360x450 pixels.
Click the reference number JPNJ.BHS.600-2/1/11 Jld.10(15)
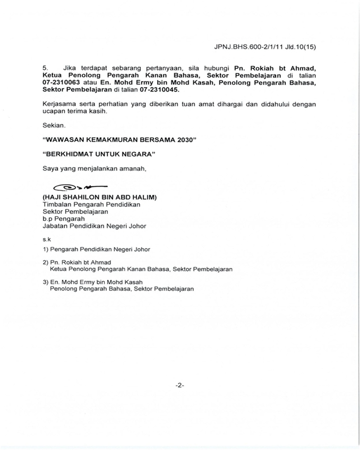pos(265,47)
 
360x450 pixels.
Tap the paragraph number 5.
pos(45,68)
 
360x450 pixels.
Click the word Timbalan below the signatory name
pos(55,204)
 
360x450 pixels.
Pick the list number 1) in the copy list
pos(45,249)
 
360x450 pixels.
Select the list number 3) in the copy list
pos(45,282)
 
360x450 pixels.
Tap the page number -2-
pos(180,385)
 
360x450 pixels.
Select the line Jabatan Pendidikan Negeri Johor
pos(94,226)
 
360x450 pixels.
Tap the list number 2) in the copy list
pos(45,262)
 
